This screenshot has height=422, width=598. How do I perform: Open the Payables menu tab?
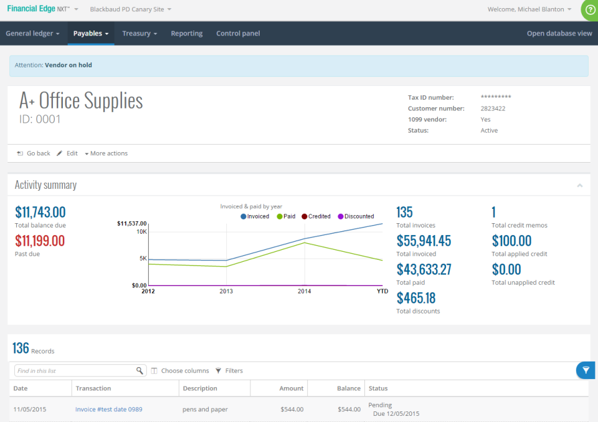tap(90, 34)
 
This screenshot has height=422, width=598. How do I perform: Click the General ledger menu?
tap(32, 34)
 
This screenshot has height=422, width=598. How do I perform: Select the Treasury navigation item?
tap(139, 34)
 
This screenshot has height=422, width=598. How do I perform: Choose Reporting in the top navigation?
tap(186, 34)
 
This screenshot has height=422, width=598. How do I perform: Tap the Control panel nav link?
tap(238, 34)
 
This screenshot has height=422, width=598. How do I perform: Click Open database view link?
tap(559, 34)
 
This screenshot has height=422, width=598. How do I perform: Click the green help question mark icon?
tap(590, 9)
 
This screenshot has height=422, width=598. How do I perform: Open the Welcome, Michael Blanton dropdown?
tap(529, 9)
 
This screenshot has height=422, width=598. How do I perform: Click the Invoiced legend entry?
tap(255, 216)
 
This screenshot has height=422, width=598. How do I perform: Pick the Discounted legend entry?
tap(356, 216)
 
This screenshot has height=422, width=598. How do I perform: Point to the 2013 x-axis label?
tap(226, 291)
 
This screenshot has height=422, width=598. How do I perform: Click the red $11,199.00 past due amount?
tap(40, 241)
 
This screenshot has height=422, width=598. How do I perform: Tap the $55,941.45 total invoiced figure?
tap(424, 241)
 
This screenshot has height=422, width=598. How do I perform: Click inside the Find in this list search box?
tap(75, 371)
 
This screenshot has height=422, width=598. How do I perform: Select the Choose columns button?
tap(180, 371)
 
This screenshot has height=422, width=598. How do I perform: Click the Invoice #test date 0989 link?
tap(108, 410)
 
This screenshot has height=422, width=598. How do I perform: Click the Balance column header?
tap(348, 388)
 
